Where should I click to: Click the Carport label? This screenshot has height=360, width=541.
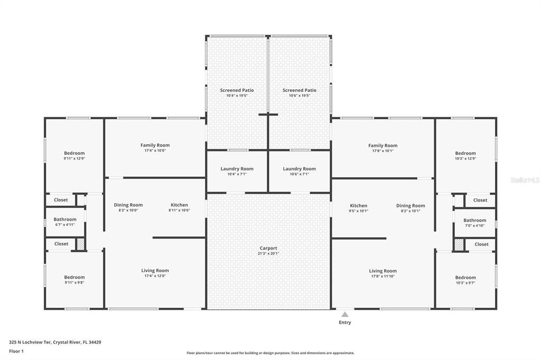[268, 248]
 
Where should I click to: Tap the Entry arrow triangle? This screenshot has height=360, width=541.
[344, 314]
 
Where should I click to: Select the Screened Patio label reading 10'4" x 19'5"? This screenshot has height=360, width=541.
[237, 90]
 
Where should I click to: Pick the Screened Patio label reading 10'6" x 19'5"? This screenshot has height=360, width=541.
[300, 90]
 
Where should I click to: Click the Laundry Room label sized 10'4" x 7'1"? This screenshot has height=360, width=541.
[237, 169]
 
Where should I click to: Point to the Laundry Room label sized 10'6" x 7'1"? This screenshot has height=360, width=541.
[299, 169]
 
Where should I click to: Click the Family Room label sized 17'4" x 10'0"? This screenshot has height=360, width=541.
[155, 145]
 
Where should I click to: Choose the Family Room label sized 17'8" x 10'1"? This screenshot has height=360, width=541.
[383, 146]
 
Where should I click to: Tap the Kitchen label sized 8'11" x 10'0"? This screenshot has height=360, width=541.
[179, 205]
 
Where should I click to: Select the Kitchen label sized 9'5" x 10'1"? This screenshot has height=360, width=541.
[358, 206]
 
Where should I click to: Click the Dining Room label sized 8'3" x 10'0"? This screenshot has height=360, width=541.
[128, 205]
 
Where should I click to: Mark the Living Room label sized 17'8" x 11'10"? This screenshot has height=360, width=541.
[383, 271]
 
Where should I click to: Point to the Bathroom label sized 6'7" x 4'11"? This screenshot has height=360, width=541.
[65, 220]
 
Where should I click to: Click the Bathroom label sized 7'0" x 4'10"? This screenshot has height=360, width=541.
[474, 221]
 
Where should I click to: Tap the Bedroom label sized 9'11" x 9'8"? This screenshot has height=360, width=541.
[74, 278]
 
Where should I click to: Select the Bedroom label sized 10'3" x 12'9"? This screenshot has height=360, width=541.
[465, 154]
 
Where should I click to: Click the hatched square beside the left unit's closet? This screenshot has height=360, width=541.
[80, 244]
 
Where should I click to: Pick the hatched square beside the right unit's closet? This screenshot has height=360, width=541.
[459, 244]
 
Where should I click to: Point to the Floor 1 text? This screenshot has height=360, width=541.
[17, 351]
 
